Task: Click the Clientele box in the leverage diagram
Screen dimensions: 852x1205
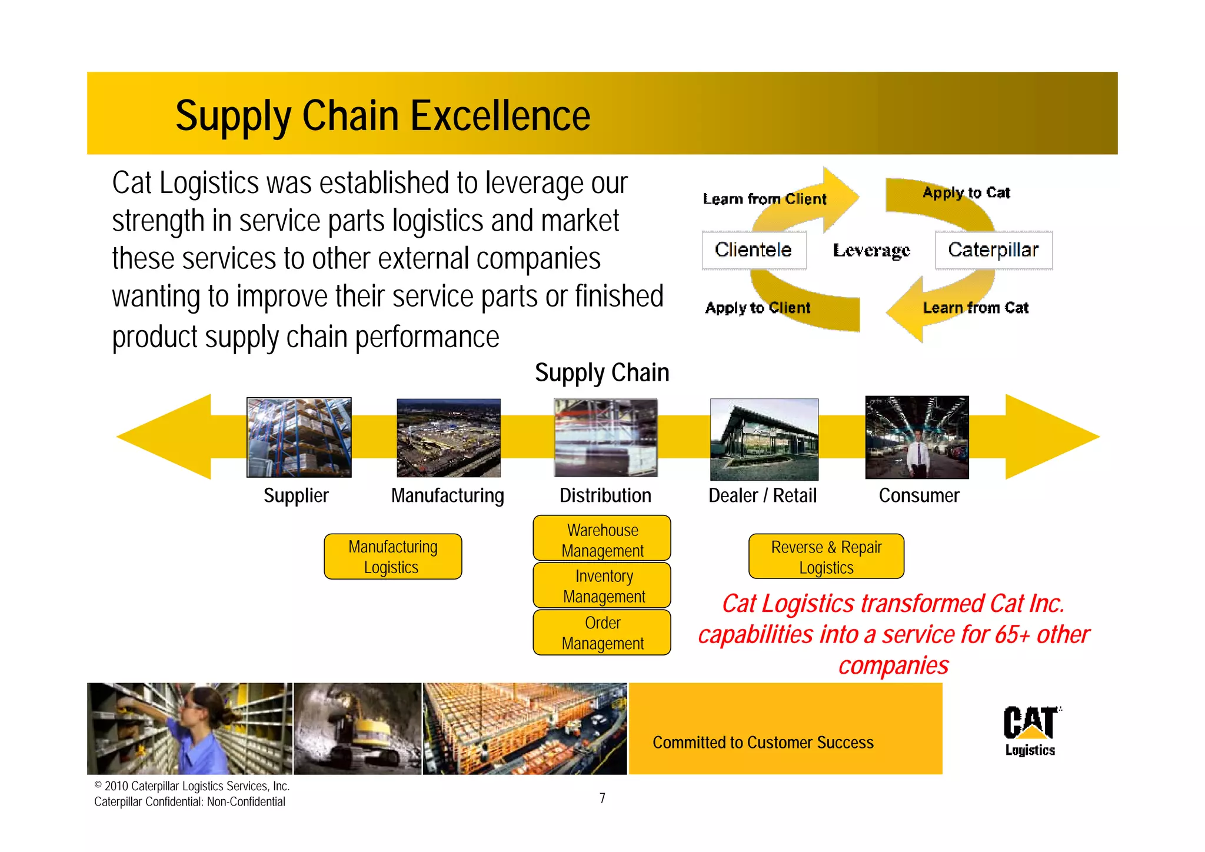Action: (x=754, y=250)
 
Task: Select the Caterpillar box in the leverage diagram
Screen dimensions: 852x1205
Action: (x=993, y=250)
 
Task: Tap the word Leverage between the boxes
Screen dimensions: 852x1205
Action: (x=871, y=251)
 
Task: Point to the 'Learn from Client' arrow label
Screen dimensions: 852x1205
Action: (x=764, y=199)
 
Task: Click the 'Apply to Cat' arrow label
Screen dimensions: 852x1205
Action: (x=966, y=193)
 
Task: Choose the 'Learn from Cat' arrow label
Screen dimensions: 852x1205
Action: (x=976, y=308)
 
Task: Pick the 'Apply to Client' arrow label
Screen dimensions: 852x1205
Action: (x=758, y=308)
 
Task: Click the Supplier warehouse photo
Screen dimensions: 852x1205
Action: (x=299, y=437)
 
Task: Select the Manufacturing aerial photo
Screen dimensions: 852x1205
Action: (x=448, y=438)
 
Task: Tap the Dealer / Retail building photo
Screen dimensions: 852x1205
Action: (x=764, y=439)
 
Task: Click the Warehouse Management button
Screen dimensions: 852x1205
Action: (x=602, y=539)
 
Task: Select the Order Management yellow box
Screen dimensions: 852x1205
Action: (x=602, y=633)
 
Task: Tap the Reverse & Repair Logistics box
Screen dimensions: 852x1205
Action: (x=826, y=557)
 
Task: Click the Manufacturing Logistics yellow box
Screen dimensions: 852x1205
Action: (x=392, y=557)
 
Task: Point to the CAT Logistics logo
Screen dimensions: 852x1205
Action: (x=1030, y=730)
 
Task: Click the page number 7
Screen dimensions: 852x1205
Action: (x=602, y=798)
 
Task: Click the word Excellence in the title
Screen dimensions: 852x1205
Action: (x=500, y=116)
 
